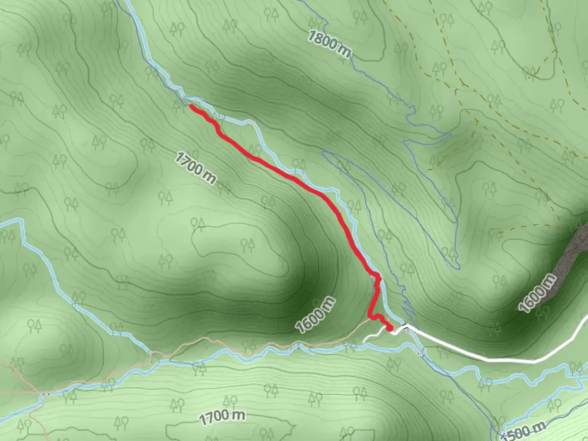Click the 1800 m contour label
329,44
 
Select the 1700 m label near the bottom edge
223,417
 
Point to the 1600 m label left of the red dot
316,315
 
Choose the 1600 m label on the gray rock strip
537,293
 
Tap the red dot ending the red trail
389,327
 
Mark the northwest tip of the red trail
191,106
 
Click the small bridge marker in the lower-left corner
46,394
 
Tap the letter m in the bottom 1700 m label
239,415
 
